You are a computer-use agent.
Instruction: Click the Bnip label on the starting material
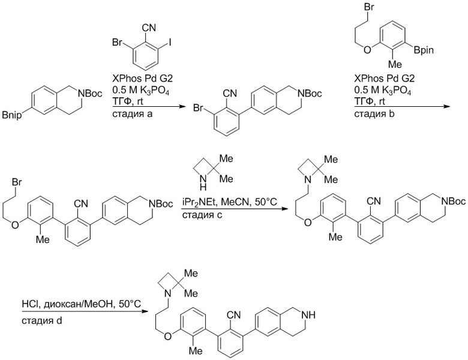pos(12,115)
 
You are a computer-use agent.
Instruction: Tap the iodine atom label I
pos(170,43)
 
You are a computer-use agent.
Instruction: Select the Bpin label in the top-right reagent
pos(424,50)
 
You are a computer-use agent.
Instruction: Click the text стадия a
pos(132,114)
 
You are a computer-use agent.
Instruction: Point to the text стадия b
pos(374,114)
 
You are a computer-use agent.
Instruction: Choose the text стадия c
pos(202,215)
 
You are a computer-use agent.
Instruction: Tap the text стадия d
pos(42,321)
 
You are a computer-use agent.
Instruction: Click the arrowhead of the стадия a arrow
pos(182,107)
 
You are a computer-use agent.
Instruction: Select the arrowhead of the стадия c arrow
pos(286,208)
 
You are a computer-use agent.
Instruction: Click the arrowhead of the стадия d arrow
pos(145,311)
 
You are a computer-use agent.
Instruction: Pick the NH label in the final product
pos(308,314)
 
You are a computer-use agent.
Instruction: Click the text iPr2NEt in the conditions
pos(199,202)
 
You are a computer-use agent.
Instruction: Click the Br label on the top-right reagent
pos(369,7)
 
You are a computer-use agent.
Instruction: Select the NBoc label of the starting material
pos(89,94)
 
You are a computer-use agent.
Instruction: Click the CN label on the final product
pos(234,314)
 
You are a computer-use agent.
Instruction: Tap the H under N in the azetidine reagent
pos(203,187)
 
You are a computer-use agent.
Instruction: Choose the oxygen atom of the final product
pos(168,337)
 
